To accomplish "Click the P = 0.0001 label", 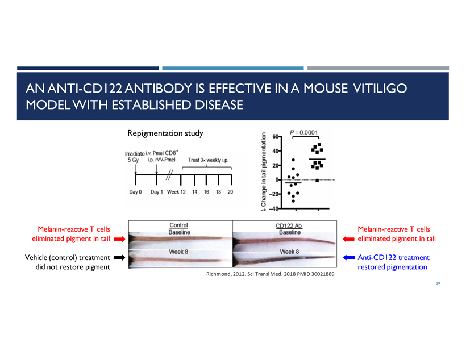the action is (x=303, y=132).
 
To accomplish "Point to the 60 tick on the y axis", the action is (x=276, y=137).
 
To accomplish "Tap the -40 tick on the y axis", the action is (x=274, y=208).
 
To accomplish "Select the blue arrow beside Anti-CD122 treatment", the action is (x=349, y=258).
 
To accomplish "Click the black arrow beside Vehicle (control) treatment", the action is (x=119, y=258).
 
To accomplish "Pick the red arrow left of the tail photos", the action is (x=119, y=239).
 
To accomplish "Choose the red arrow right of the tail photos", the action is (x=348, y=239).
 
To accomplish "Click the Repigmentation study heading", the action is (x=165, y=133).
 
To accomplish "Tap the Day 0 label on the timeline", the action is (x=135, y=192).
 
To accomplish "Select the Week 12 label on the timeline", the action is (x=176, y=192).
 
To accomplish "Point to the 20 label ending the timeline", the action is (x=230, y=192).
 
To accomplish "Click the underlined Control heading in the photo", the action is (x=178, y=225).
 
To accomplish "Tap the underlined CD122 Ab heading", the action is (x=289, y=226).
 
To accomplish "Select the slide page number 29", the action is (x=438, y=284).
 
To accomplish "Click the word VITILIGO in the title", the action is (x=380, y=89).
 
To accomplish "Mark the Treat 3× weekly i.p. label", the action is (x=209, y=160).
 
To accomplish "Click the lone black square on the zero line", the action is (x=317, y=181).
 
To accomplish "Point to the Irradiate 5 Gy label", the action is (x=134, y=157).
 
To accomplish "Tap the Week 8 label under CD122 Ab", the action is (x=289, y=252).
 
